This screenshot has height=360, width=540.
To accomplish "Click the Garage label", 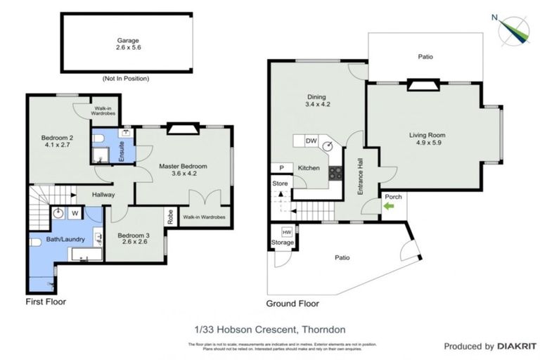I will click(127, 40).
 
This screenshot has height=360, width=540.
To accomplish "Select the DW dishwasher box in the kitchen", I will click(311, 141).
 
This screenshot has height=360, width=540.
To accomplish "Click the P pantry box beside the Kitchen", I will click(281, 169).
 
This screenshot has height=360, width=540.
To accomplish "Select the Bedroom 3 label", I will click(134, 236).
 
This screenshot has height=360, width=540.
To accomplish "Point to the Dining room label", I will click(317, 98).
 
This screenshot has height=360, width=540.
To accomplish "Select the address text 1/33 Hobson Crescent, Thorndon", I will click(270, 329).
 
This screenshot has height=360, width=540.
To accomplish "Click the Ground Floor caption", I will click(292, 304).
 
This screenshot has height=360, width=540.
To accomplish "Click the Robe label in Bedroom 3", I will click(169, 216).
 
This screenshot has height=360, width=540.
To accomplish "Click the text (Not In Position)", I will click(127, 78).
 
